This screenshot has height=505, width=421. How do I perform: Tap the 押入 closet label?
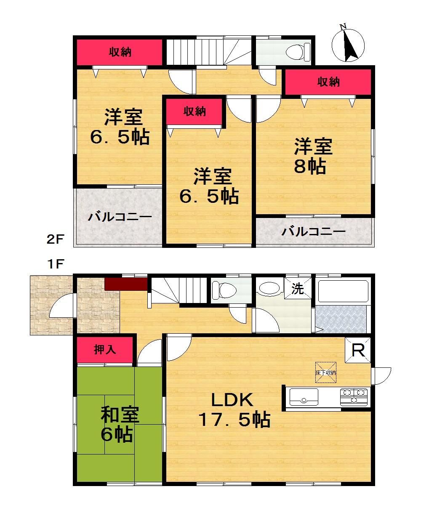tap(105, 349)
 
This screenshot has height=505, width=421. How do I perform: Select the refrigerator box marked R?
tap(358, 350)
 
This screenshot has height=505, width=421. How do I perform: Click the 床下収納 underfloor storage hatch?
tap(326, 372)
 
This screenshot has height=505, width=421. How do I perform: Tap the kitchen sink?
tap(304, 397)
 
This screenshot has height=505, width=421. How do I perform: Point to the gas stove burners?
tap(354, 397)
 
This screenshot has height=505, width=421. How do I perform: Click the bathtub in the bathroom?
tap(343, 290)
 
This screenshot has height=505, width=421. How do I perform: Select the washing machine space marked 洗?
tap(298, 289)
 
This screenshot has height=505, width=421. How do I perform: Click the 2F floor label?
tap(55, 240)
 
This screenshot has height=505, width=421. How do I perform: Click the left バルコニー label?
tap(120, 218)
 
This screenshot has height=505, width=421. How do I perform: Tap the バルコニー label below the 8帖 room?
tap(314, 231)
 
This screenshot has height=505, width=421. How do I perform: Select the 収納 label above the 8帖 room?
tap(328, 82)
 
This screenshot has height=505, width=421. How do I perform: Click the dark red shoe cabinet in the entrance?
tap(125, 284)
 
